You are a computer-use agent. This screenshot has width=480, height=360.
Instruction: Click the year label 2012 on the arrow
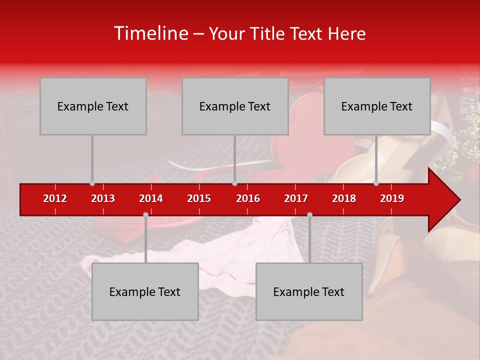click(55, 198)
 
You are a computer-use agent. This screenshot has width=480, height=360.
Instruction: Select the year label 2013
click(103, 198)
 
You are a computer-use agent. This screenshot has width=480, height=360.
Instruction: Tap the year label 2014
click(151, 198)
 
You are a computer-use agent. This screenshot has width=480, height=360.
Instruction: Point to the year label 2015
click(199, 198)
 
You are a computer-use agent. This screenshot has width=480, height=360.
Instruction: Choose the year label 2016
click(248, 198)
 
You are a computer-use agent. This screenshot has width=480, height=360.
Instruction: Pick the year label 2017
click(296, 198)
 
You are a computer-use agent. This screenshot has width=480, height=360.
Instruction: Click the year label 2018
click(344, 198)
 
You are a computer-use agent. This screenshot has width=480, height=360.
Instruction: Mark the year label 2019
click(392, 198)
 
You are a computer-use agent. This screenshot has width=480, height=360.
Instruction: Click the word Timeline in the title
click(150, 33)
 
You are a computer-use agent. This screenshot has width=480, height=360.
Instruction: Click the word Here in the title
click(346, 33)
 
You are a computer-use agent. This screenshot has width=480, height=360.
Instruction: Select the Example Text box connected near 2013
click(93, 106)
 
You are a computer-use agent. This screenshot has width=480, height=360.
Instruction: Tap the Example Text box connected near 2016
click(235, 106)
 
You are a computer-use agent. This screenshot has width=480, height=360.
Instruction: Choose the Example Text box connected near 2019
click(377, 106)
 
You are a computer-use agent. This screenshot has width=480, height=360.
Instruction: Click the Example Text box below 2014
click(145, 291)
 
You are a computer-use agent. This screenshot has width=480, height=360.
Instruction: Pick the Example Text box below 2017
click(309, 291)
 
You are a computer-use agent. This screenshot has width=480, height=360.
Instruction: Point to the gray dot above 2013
click(92, 183)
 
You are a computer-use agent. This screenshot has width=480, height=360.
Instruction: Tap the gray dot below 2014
click(145, 215)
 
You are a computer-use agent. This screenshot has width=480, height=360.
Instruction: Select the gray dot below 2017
click(309, 215)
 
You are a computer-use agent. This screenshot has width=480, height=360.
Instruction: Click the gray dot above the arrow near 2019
click(376, 183)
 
